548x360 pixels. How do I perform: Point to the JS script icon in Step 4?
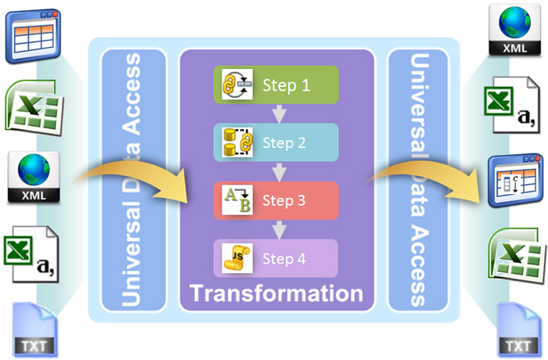click(236, 258)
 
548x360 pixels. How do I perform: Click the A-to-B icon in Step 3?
click(236, 200)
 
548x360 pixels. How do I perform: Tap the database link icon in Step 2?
click(236, 142)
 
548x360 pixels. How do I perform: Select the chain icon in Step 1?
click(236, 85)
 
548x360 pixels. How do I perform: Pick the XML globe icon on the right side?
click(514, 30)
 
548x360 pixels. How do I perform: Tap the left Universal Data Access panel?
click(131, 180)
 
